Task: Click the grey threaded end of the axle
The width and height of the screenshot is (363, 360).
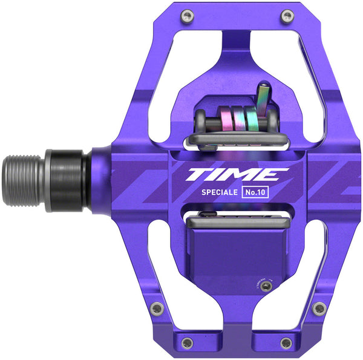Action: (24, 182)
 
